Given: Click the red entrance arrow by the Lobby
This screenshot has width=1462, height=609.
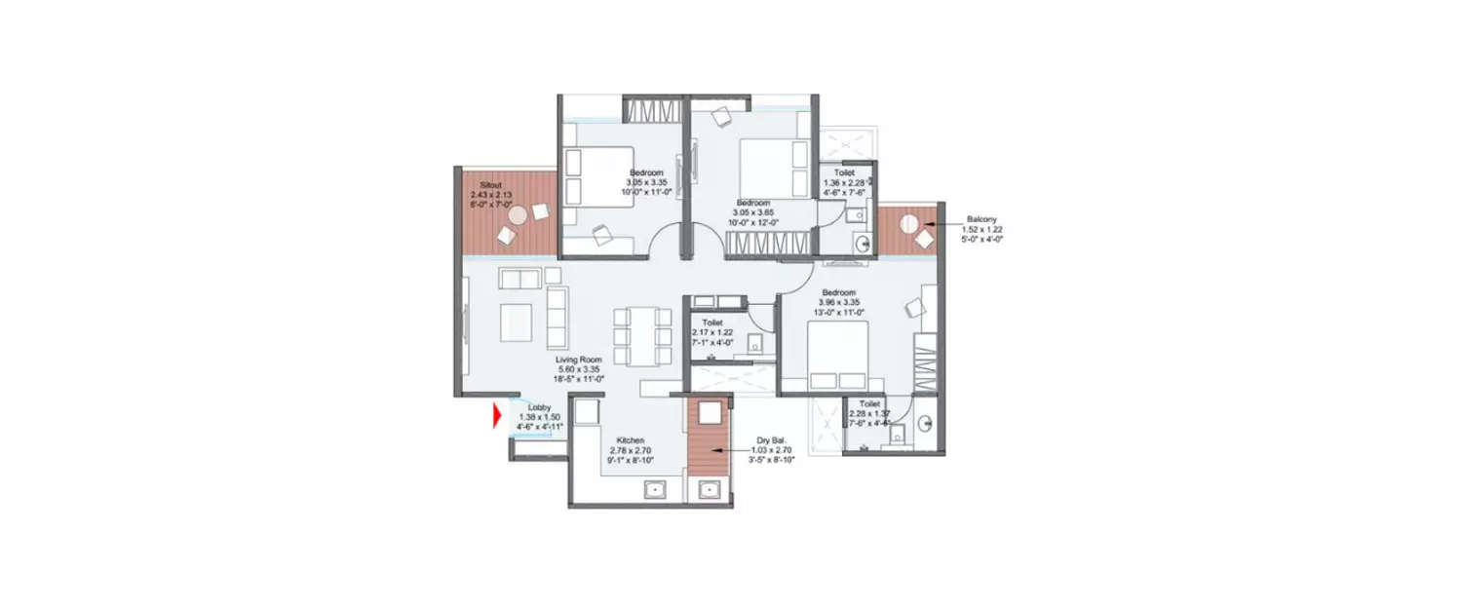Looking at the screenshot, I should tap(497, 416).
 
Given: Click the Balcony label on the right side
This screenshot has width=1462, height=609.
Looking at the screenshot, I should tap(981, 219).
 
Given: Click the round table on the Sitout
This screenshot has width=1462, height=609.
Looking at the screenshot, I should tap(518, 214).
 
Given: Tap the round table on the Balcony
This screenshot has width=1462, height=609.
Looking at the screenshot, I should tap(908, 223).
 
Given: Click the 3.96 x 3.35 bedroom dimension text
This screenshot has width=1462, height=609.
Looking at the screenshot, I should tap(837, 302).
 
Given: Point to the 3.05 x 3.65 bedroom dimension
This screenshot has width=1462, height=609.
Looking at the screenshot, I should tap(752, 212).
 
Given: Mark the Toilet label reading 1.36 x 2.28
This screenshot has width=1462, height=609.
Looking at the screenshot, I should tap(844, 182).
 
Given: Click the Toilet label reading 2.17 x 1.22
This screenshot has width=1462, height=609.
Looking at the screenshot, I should tap(712, 331).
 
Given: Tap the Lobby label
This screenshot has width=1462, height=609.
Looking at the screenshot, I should tap(539, 407).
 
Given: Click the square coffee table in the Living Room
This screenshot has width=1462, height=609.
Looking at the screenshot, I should tap(516, 322).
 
